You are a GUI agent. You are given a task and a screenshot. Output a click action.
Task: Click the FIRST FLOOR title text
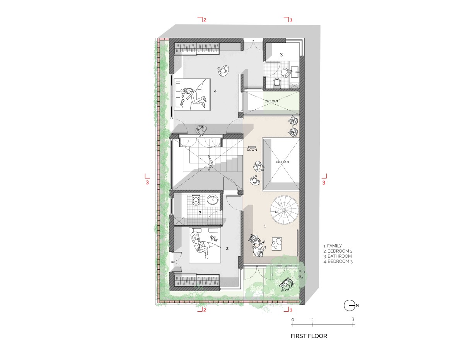coord(309,336)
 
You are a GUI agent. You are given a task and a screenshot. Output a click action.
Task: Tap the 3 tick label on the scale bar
coord(353,319)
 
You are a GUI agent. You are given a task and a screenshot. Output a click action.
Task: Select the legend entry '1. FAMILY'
coord(333,246)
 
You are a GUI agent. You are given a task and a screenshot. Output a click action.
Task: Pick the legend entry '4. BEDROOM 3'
coord(338,261)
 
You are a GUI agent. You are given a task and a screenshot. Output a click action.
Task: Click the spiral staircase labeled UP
coord(285,210)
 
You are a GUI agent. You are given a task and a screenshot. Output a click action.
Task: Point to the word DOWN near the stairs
coord(252,150)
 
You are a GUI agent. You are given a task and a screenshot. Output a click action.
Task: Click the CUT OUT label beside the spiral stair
coord(283,162)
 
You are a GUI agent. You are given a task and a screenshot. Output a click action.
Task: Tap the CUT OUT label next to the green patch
coord(271,101)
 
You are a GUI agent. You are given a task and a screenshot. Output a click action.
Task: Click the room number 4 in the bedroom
coord(215,91)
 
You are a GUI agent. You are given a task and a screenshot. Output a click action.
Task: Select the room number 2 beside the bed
coord(227,248)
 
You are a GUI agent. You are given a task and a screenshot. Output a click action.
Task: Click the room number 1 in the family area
coord(265,226)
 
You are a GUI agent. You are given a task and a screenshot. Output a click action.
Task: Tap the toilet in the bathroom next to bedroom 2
coord(196,200)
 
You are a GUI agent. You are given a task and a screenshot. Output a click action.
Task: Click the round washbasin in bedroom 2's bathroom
coord(212,200)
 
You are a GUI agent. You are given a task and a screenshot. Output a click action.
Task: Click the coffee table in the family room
coord(276,244)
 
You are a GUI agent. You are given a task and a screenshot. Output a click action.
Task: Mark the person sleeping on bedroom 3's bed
coord(193,97)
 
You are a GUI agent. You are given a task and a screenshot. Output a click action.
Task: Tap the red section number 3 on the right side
coord(324,183)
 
